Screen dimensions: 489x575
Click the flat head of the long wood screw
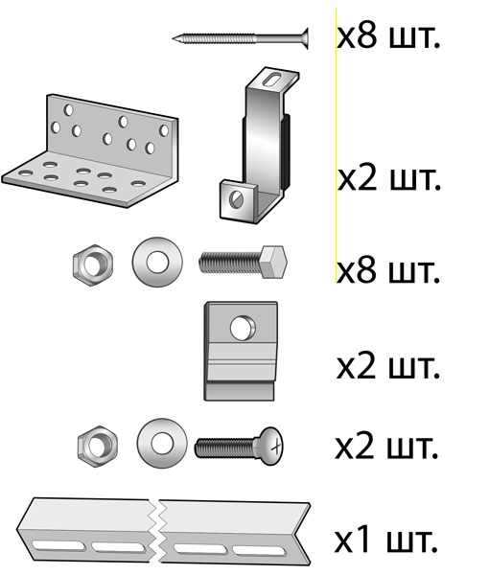305,37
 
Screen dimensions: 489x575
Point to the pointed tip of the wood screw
174,37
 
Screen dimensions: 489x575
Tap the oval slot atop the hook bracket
272,80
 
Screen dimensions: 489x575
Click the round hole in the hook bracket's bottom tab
236,198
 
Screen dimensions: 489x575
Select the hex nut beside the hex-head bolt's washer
93,264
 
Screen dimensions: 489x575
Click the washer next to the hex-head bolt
157,262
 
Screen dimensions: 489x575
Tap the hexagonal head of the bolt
273,263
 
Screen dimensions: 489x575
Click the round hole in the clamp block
243,328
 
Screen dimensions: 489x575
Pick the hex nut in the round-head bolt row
98,446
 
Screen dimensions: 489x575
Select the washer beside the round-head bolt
162,443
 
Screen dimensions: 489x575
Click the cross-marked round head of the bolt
270,446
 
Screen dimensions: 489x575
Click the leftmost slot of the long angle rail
58,545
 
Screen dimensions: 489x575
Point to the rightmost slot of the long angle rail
259,551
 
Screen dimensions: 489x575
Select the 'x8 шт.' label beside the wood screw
388,36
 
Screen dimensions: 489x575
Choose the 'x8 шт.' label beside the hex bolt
388,271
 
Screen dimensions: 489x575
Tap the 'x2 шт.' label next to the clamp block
388,366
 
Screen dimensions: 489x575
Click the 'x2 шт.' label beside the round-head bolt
387,447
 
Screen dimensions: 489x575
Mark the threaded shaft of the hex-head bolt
230,263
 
